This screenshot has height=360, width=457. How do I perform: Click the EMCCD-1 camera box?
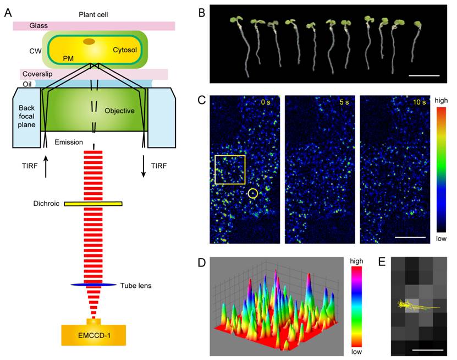point(93,335)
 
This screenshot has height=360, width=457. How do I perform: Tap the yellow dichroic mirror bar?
point(93,204)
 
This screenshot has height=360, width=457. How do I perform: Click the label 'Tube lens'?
point(136,286)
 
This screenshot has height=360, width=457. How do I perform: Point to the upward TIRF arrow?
point(46,167)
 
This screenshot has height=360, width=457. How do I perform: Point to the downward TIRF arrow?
point(144,167)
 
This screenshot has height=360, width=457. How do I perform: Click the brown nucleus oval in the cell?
point(89,41)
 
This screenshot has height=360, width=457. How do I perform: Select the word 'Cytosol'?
point(125,50)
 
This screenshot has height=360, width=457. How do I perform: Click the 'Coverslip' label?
point(37,74)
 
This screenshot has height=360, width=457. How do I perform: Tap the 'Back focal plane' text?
point(26,116)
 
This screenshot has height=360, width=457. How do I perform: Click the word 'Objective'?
point(119,111)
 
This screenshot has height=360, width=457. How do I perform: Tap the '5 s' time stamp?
point(344,102)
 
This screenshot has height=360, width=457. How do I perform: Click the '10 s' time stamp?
point(420,102)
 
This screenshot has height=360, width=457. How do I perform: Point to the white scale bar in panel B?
point(424,75)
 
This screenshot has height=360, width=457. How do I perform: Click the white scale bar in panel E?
point(428,350)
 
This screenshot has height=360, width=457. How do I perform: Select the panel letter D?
point(202,263)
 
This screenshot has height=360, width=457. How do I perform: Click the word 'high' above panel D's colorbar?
point(356,261)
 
